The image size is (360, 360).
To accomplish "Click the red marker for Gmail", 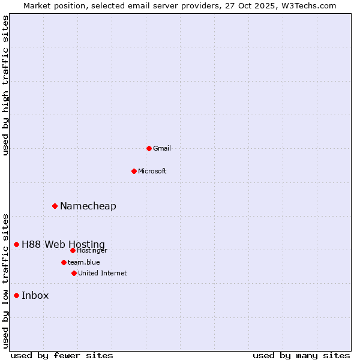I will tap(149, 148).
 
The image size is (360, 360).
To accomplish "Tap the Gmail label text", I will tap(162, 148).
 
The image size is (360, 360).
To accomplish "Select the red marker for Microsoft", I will tap(134, 171).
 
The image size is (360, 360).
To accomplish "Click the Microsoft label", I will tap(152, 171).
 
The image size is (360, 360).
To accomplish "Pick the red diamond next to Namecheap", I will tap(55, 206).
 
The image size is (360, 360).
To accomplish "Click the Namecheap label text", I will tap(88, 206).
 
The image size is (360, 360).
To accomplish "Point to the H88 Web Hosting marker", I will tap(16, 244).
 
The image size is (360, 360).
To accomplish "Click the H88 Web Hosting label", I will tap(63, 244).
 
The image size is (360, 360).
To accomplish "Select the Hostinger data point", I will tap(73, 250).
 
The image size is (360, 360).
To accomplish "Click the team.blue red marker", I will tap(64, 262).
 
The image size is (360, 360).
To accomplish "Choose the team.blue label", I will tap(84, 262).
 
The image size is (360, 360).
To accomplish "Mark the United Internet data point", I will tap(74, 273).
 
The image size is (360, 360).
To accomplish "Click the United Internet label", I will tap(103, 273).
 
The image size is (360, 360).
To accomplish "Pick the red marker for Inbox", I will tap(16, 295).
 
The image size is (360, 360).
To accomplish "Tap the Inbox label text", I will tap(35, 295).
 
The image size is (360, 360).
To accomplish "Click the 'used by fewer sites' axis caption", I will tap(62, 355).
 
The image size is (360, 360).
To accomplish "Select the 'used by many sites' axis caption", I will tap(301, 355).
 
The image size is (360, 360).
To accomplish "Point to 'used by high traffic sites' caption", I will tap(5, 86).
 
